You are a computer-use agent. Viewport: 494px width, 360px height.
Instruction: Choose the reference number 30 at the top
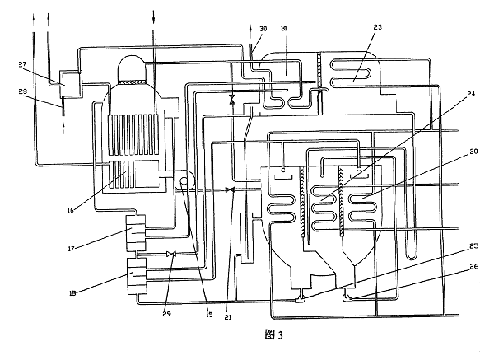coord(263,28)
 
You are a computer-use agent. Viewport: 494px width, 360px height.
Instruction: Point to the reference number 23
coord(378,28)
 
